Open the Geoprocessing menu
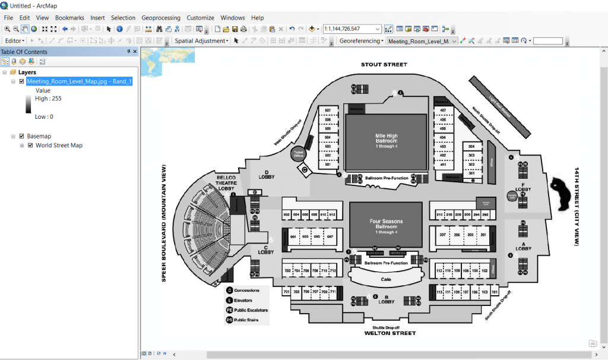pos(160,18)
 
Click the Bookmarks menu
pos(69,18)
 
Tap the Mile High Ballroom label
pos(386,138)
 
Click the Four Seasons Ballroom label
pos(386,224)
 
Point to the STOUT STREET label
pos(384,64)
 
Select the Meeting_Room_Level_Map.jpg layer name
pos(79,81)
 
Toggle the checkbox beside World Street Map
pos(30,146)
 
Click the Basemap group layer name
pos(39,136)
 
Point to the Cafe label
pos(386,279)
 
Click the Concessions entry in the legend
pos(246,290)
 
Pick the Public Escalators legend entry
pos(251,310)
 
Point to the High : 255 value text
pos(48,99)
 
